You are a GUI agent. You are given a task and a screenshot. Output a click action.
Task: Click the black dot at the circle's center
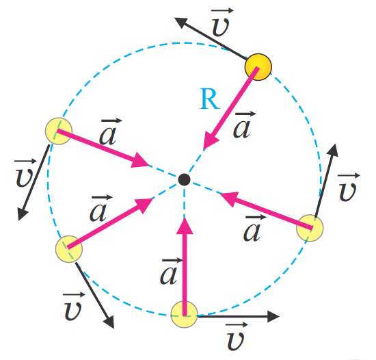point(184,179)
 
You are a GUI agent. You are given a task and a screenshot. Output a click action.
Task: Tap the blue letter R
point(210,99)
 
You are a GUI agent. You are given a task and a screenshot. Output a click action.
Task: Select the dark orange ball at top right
point(258,67)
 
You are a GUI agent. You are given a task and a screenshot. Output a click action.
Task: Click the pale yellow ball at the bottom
point(184,314)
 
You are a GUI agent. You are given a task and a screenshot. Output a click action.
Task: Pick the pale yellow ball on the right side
point(310,228)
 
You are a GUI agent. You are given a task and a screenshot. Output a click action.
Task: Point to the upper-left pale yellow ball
point(59,131)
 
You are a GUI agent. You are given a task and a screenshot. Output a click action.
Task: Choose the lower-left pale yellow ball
point(69,248)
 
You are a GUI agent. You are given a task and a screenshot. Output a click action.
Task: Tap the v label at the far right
point(348,188)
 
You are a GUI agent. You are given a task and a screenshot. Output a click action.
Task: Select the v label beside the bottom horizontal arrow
point(237,337)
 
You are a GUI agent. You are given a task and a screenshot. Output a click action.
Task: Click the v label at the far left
point(25,173)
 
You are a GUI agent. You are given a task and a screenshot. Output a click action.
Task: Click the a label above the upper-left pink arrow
point(109,131)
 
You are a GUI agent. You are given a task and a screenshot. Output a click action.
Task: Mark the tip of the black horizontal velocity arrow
point(280,317)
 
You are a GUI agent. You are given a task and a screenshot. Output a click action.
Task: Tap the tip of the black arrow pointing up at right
point(335,144)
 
